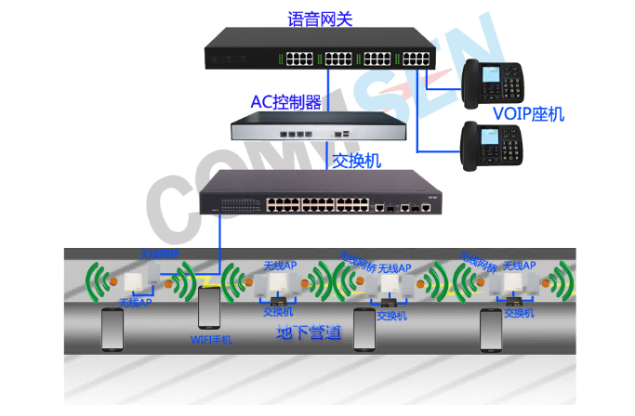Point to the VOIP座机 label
(528, 115)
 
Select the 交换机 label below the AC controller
(357, 161)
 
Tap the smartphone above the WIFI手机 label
(211, 309)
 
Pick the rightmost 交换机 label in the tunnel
(518, 313)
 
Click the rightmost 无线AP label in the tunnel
(520, 266)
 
